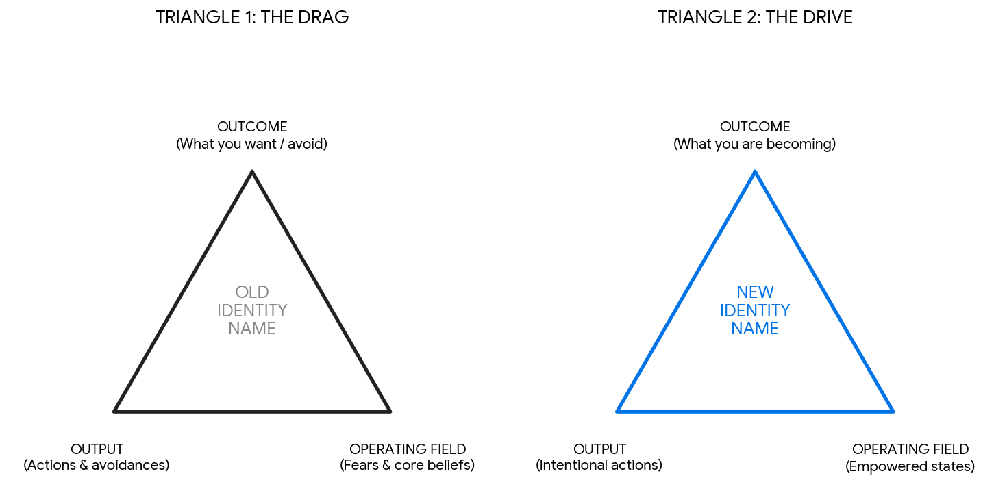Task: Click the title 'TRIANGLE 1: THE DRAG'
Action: [252, 18]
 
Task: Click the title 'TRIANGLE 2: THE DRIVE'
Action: [755, 18]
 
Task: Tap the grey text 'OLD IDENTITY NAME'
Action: [252, 310]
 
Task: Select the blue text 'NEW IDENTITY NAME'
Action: [755, 310]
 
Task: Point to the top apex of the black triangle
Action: [252, 171]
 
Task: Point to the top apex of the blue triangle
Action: [755, 171]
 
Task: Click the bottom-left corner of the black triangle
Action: [114, 411]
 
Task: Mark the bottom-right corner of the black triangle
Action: [390, 411]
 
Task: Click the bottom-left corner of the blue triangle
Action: [617, 411]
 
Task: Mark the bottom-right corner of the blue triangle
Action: [893, 411]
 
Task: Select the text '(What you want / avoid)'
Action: [252, 144]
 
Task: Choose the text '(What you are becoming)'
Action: [755, 144]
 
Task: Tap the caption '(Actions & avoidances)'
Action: [96, 465]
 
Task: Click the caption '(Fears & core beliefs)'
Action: [408, 465]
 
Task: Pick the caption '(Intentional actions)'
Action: [599, 465]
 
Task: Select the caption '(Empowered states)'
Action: [910, 466]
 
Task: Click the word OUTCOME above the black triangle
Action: [252, 127]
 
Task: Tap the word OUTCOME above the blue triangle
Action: [755, 127]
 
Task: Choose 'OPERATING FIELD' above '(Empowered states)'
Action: [911, 449]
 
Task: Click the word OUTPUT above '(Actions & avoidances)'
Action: [97, 449]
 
